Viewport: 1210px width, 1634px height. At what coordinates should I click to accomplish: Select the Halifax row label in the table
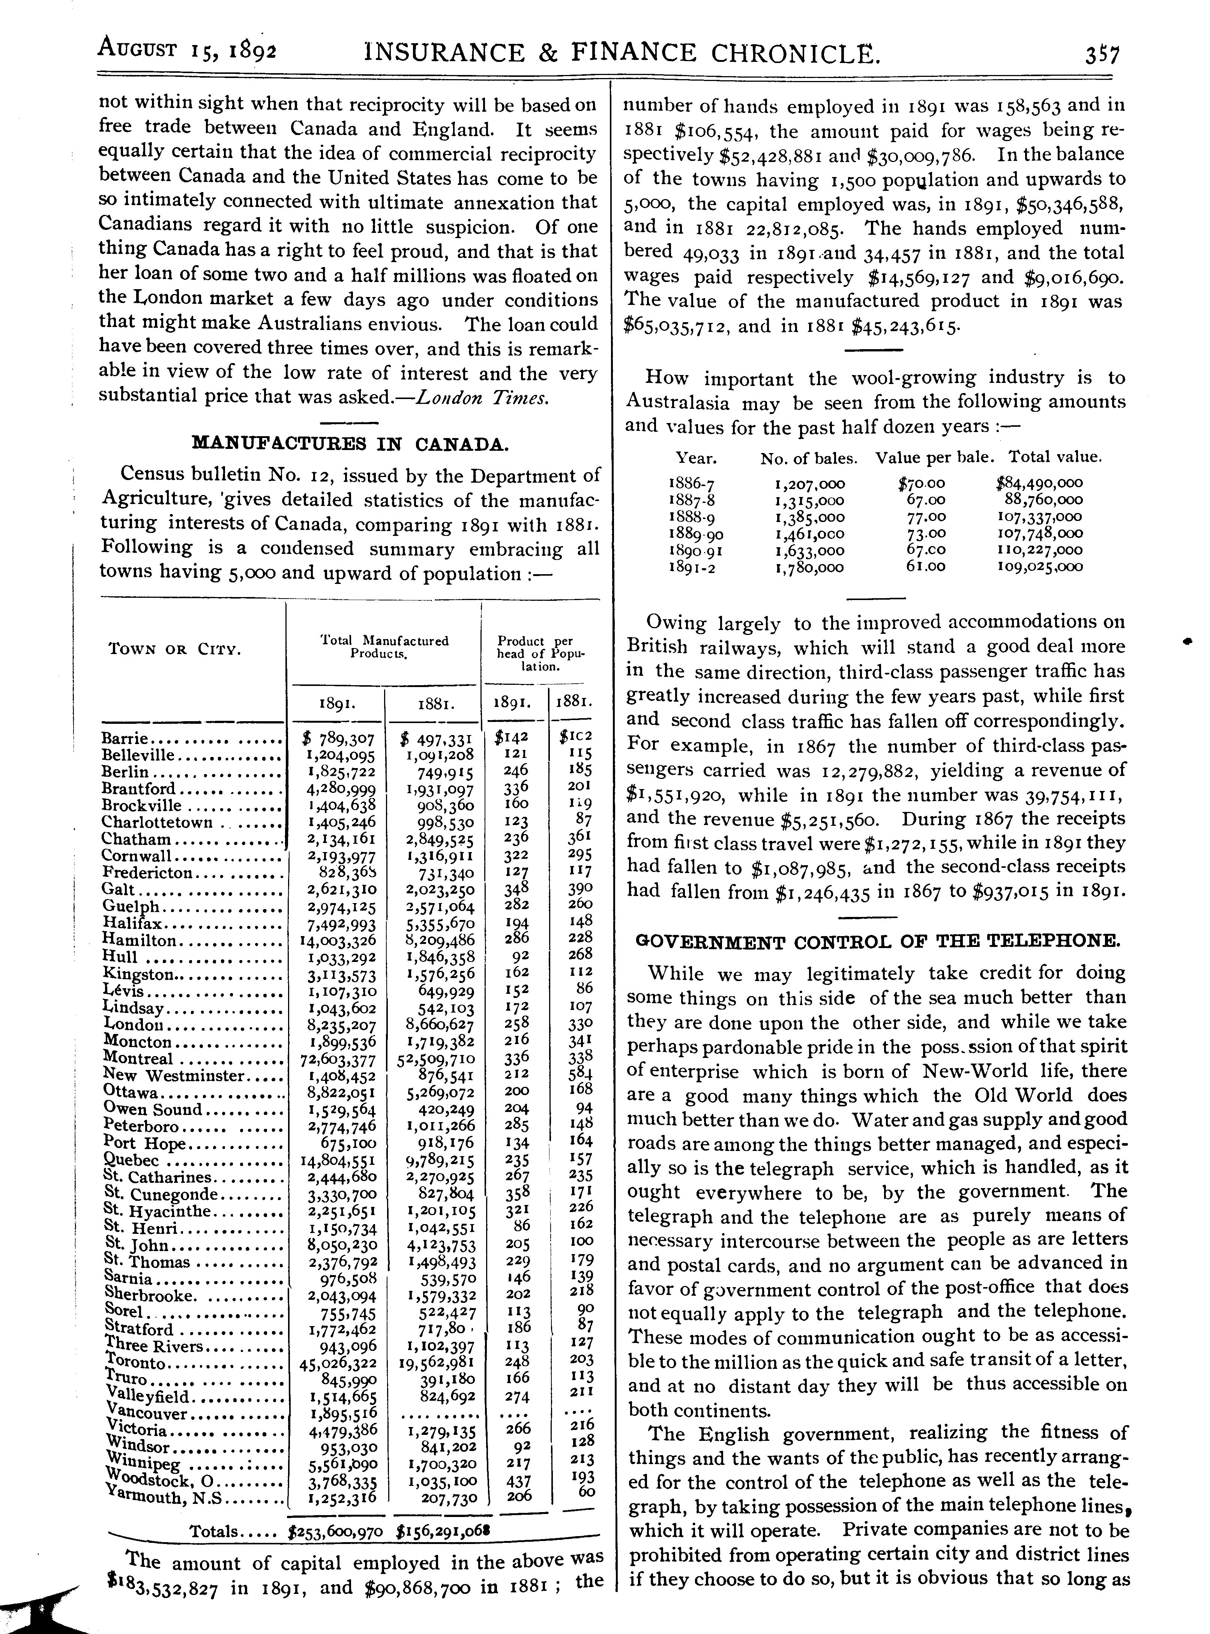(132, 924)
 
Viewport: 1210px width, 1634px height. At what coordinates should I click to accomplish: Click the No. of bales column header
(809, 459)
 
